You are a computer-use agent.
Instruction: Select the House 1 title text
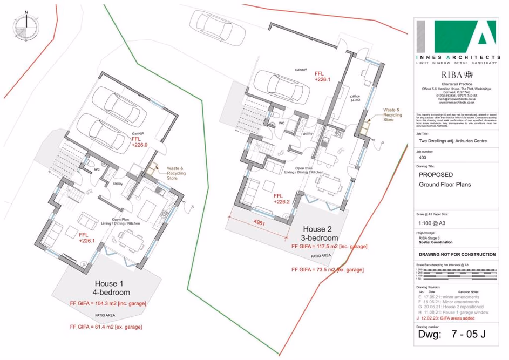coord(110,288)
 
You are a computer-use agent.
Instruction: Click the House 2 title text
coord(321,233)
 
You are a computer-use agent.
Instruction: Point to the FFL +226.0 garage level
coord(140,141)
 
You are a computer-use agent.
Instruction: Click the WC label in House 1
coord(97,169)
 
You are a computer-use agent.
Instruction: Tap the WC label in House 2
coord(281,124)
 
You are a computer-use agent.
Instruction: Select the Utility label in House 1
coord(118,184)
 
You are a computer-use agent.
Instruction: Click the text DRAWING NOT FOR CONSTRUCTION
coord(457,254)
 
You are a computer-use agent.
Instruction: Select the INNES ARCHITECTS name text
coord(458,57)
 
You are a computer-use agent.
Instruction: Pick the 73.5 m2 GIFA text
coord(327,269)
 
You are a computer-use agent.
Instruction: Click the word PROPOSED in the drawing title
coord(436,175)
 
